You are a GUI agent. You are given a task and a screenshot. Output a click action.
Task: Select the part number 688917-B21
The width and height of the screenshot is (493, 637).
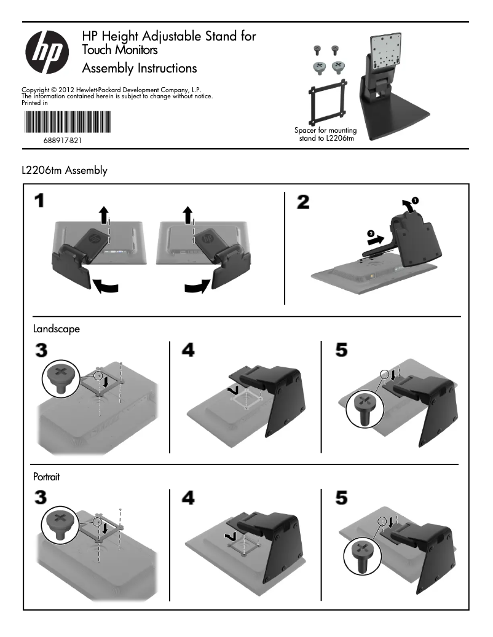click(x=63, y=141)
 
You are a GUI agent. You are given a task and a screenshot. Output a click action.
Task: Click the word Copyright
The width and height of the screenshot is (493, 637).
click(x=35, y=90)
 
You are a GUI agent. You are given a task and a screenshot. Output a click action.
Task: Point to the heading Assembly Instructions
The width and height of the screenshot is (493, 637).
click(x=140, y=68)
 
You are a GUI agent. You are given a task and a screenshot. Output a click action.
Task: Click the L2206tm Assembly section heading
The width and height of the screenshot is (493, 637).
click(x=64, y=170)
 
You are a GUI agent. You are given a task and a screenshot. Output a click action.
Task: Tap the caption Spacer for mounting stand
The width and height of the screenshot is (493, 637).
click(x=325, y=134)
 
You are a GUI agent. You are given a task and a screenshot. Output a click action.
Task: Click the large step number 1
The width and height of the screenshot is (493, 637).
click(x=39, y=201)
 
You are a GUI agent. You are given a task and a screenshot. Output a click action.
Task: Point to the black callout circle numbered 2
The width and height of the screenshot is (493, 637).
click(x=370, y=233)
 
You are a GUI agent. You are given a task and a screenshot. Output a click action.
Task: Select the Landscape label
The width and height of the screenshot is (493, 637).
click(x=56, y=329)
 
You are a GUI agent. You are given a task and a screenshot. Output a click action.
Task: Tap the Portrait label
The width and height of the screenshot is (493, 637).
click(x=46, y=476)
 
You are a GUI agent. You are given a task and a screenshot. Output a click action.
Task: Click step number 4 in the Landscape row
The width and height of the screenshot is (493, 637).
click(x=188, y=350)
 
